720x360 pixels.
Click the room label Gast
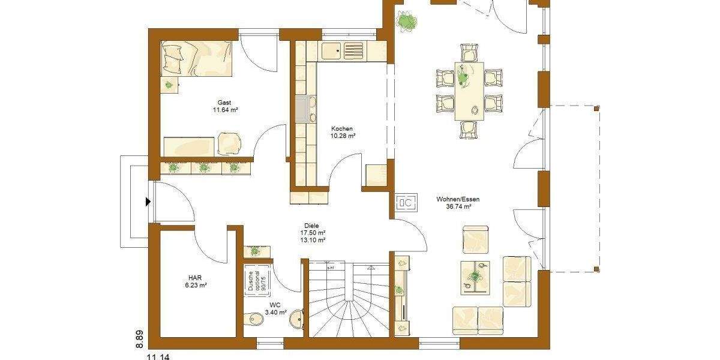click(x=224, y=103)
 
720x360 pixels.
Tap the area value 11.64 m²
click(x=225, y=110)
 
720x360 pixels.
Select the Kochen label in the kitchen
click(x=342, y=128)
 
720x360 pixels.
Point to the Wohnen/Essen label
click(x=458, y=199)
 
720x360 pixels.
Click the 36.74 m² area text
click(x=458, y=206)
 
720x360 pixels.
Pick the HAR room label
click(x=195, y=278)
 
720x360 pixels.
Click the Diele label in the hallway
click(x=312, y=225)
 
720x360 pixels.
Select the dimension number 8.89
click(x=139, y=338)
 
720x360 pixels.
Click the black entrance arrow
click(x=148, y=202)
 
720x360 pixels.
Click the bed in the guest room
click(x=196, y=59)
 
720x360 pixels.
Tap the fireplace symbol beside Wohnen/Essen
click(x=404, y=202)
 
